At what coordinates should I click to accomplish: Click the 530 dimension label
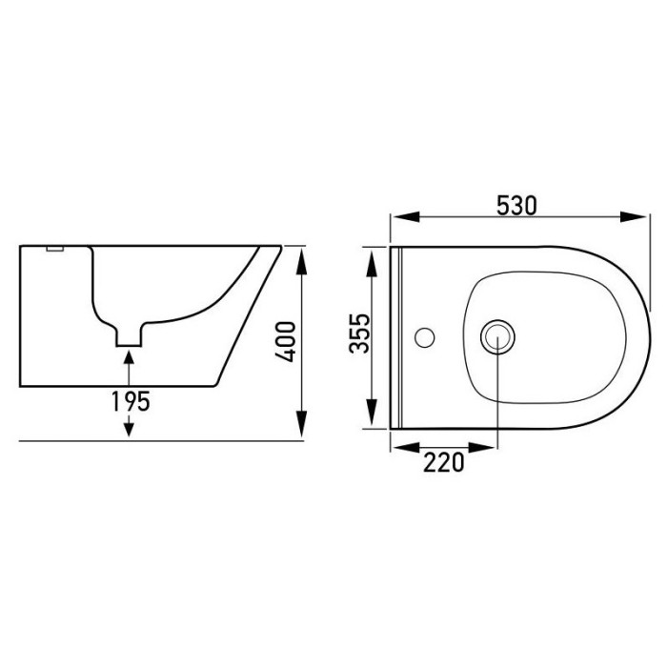pos(516,206)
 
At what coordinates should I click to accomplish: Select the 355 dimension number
pos(359,333)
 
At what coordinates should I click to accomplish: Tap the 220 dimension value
pos(443,463)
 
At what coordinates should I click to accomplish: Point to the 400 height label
pos(286,341)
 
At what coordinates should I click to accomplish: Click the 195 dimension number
pos(131,401)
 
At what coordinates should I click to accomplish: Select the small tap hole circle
pos(425,337)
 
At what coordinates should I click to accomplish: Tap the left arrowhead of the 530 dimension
pos(406,216)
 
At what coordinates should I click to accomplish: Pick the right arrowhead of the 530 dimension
pos(634,216)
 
